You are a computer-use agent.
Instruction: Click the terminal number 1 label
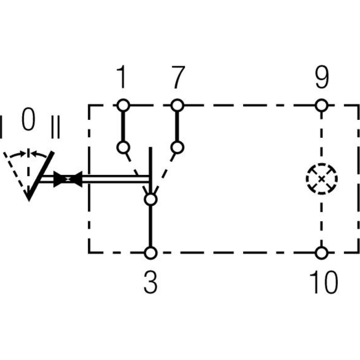[x=122, y=77]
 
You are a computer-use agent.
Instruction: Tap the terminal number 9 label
[x=321, y=77]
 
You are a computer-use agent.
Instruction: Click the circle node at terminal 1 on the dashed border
[x=123, y=105]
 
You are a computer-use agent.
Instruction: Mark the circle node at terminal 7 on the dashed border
[x=176, y=105]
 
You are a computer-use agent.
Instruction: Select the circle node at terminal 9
[x=321, y=105]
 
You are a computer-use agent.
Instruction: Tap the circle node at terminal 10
[x=321, y=253]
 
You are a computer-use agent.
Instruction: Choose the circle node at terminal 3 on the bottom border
[x=151, y=253]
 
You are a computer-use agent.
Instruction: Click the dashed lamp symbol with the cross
[x=321, y=179]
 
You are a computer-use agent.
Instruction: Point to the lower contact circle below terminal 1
[x=123, y=147]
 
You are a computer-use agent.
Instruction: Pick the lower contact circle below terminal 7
[x=176, y=147]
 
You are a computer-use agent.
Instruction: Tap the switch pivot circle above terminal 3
[x=151, y=199]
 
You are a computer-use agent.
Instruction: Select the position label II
[x=55, y=127]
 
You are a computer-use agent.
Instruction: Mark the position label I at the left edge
[x=2, y=127]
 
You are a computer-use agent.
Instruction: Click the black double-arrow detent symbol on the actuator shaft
[x=68, y=179]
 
